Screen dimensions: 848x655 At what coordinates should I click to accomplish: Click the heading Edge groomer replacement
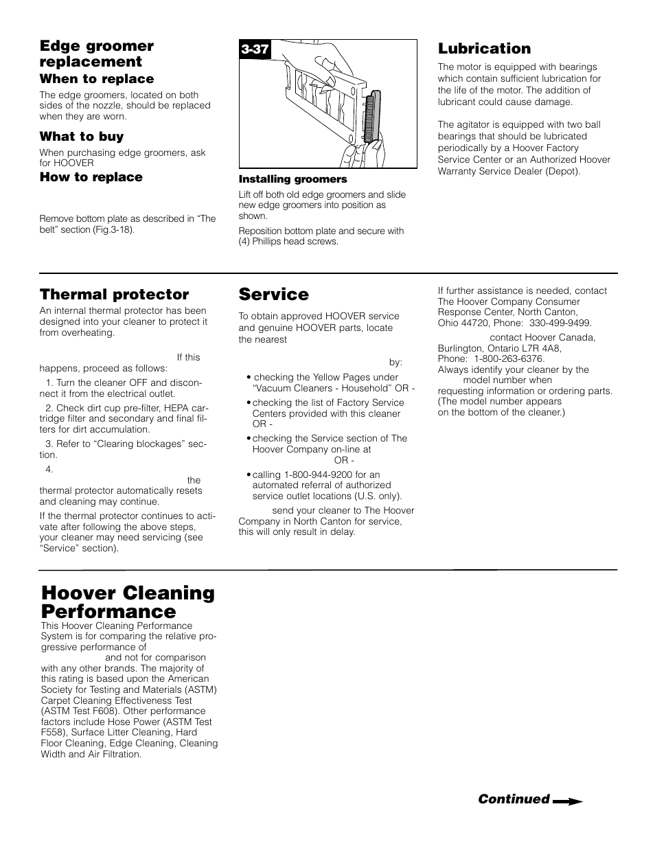point(96,54)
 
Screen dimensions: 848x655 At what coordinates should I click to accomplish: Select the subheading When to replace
point(96,79)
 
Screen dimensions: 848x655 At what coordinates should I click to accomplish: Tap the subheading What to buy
point(81,137)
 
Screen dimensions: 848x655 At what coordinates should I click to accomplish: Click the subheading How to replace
point(91,177)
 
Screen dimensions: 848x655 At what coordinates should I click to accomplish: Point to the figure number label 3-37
point(254,49)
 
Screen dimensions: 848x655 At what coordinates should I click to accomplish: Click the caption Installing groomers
point(292,179)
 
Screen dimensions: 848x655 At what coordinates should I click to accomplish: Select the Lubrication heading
point(484,48)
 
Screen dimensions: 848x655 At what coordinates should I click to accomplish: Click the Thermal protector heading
point(114,295)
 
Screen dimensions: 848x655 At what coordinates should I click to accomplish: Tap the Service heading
point(273,295)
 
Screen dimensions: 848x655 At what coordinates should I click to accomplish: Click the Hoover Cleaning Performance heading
point(128,601)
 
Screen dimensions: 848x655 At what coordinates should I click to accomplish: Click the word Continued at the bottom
point(514,799)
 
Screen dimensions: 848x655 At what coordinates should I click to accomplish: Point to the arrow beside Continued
point(568,801)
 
